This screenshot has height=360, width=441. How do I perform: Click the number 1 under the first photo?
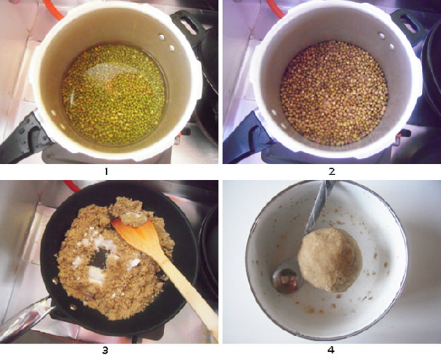(x=106, y=171)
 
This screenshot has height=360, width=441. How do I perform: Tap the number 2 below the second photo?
(x=332, y=171)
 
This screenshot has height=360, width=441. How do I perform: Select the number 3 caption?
(x=105, y=351)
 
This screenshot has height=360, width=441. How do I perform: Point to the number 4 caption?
(x=331, y=351)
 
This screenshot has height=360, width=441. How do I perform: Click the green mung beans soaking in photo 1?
(x=113, y=94)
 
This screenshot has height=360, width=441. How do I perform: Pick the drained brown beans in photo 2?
(x=334, y=93)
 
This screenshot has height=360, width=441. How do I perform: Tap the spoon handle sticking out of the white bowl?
(x=321, y=205)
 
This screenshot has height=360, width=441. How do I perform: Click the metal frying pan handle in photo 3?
(x=27, y=318)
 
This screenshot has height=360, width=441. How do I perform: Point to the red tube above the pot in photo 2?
(x=276, y=9)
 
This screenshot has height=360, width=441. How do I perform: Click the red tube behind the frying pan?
(x=73, y=186)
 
